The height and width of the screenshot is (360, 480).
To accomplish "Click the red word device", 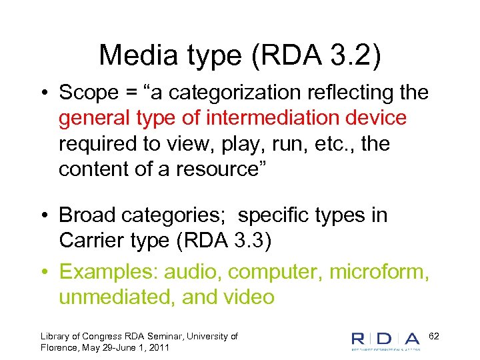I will click(375, 119).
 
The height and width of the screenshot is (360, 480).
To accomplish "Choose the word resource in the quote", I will click(220, 169).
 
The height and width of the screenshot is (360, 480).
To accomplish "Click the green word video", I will click(247, 297).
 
